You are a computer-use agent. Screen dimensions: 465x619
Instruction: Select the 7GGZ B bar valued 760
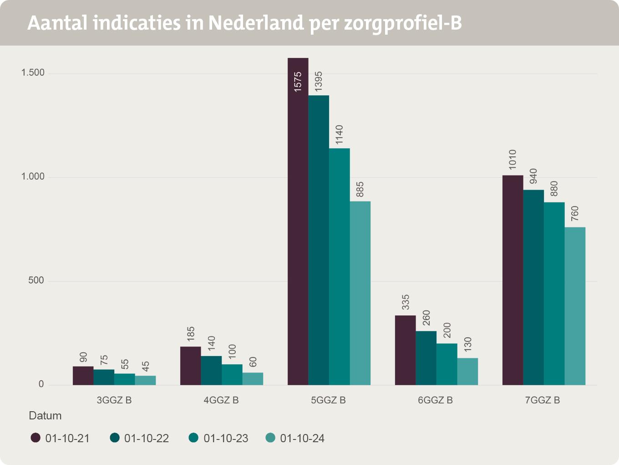(575, 306)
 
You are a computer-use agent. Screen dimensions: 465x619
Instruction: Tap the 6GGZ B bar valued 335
(405, 350)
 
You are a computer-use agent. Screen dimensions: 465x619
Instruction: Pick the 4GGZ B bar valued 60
(253, 379)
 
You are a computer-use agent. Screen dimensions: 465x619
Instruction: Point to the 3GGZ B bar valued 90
(83, 376)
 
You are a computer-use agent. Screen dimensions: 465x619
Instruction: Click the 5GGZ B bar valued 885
(360, 293)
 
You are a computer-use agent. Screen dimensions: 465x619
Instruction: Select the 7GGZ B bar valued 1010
(512, 280)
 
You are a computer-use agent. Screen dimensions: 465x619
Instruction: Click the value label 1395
(319, 83)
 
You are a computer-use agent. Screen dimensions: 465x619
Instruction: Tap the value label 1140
(340, 135)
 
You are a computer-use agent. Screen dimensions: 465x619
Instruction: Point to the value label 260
(426, 318)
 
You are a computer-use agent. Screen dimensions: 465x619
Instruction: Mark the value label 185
(191, 334)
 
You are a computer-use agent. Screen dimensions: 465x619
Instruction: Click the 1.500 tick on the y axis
(33, 73)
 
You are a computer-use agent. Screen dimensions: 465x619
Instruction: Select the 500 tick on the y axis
(36, 281)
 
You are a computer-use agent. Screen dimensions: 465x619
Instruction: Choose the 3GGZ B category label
(114, 401)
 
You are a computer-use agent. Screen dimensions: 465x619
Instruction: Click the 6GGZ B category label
(436, 401)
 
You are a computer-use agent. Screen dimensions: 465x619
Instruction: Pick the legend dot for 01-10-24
(270, 438)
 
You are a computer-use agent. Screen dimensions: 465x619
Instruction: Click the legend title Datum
(45, 416)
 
